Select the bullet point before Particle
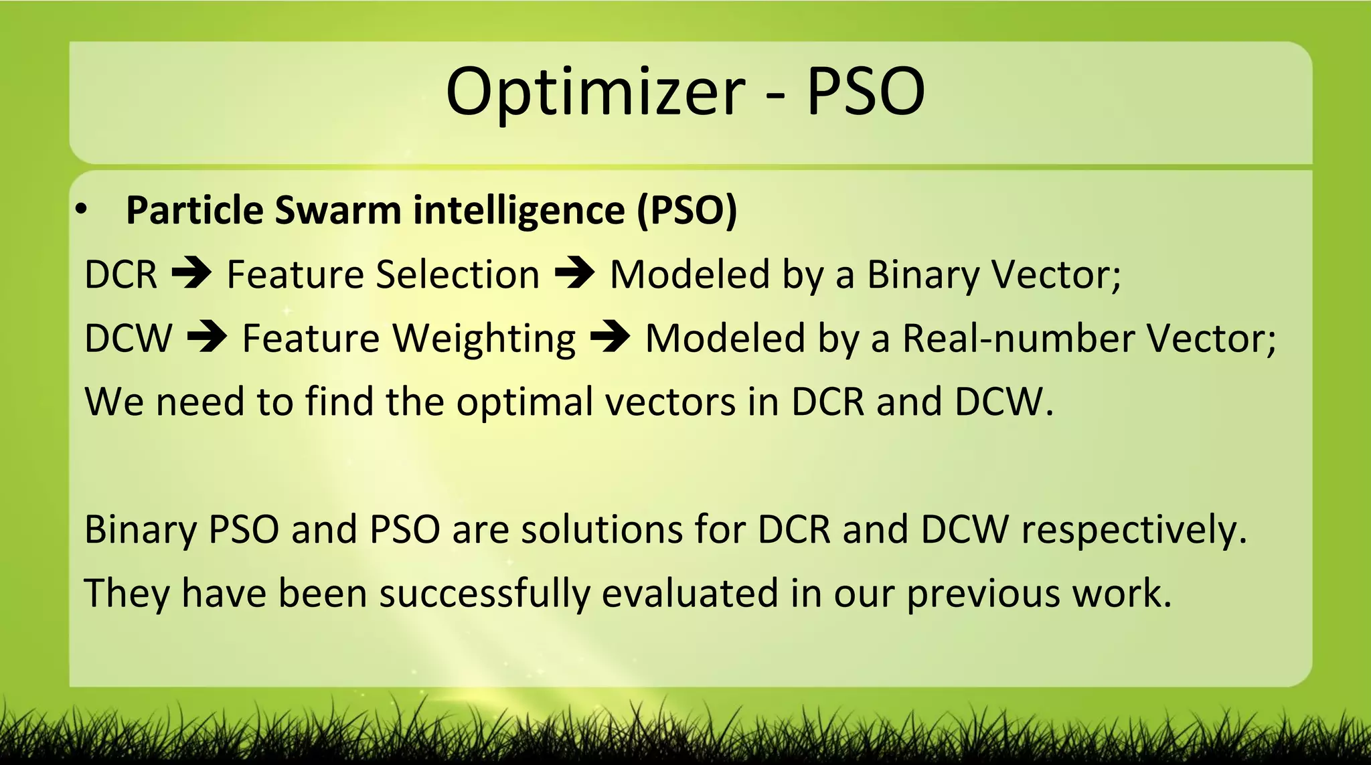point(81,210)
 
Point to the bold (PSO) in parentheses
point(687,210)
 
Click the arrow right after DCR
point(191,274)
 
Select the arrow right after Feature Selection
point(574,274)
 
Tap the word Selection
point(457,274)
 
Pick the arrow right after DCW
point(207,337)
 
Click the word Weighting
point(483,339)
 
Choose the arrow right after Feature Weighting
point(610,337)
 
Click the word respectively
point(1133,531)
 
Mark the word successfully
point(484,594)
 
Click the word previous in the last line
point(983,594)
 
